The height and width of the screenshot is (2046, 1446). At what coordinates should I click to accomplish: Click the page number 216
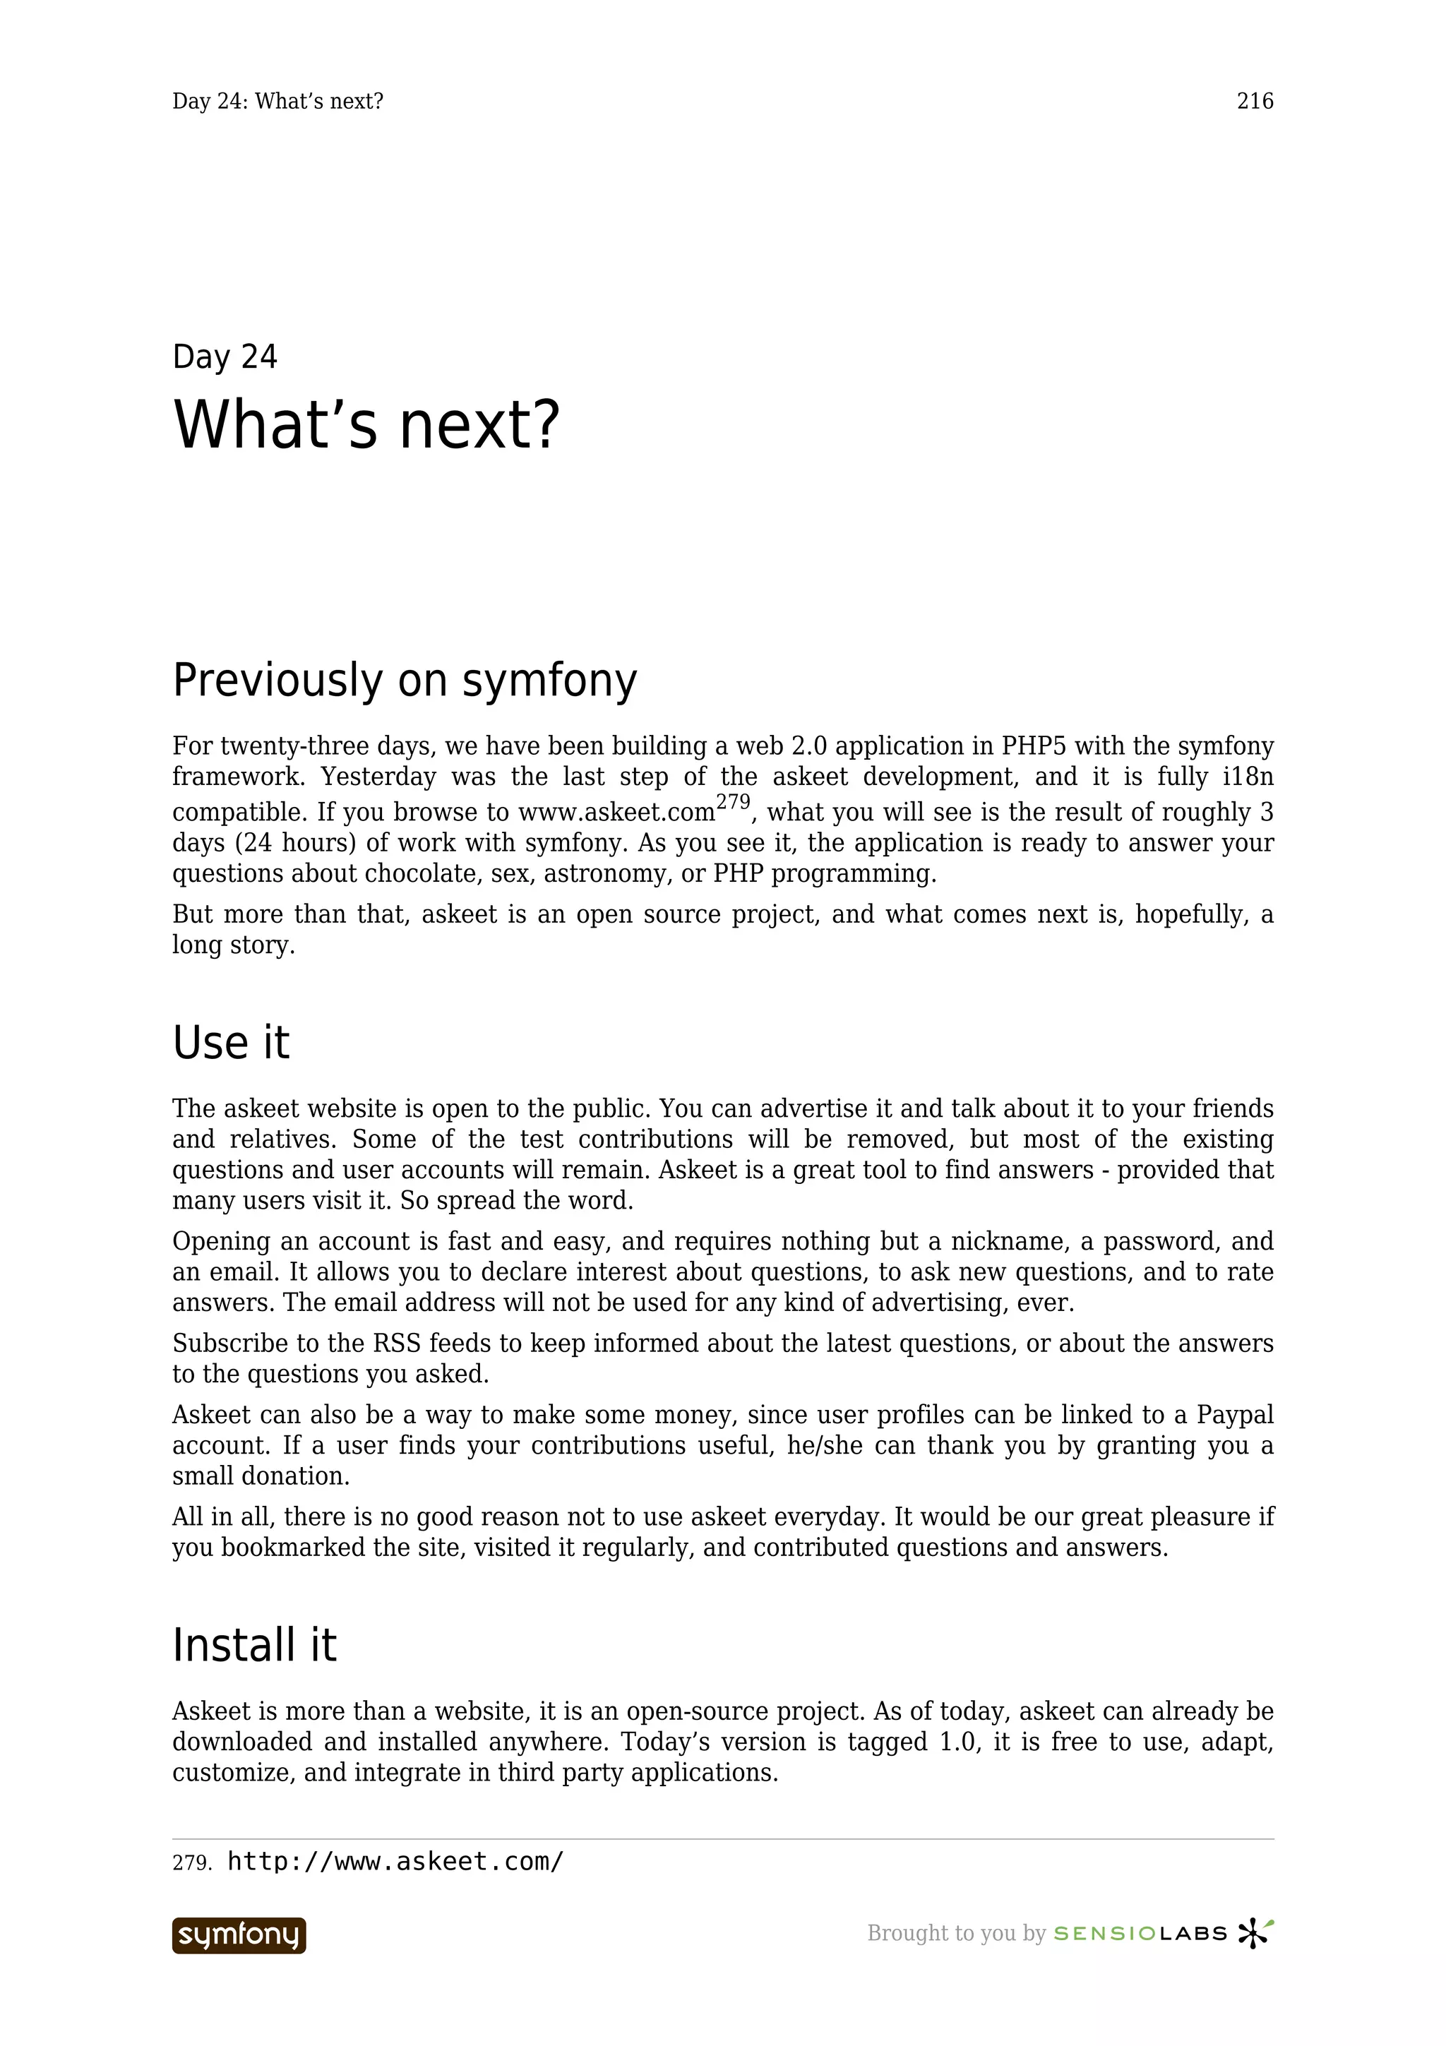1255,102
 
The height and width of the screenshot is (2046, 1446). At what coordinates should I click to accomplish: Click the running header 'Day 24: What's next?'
278,102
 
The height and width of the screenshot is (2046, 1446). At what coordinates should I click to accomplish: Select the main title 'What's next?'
366,425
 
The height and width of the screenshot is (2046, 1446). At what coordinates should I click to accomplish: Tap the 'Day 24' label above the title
225,357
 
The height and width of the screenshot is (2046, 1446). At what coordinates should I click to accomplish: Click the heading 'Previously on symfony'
405,681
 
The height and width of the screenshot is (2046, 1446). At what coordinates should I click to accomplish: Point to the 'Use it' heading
231,1043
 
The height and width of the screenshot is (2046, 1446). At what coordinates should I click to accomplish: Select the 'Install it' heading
254,1645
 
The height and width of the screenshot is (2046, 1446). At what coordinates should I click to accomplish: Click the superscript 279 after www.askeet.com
734,802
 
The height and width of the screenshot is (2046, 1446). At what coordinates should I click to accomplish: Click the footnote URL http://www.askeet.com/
395,1862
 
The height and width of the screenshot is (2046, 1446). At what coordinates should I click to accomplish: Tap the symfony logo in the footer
239,1935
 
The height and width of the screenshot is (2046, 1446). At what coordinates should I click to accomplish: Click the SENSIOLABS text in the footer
1140,1934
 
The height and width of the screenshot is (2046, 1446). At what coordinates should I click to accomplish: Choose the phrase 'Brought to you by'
955,1934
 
